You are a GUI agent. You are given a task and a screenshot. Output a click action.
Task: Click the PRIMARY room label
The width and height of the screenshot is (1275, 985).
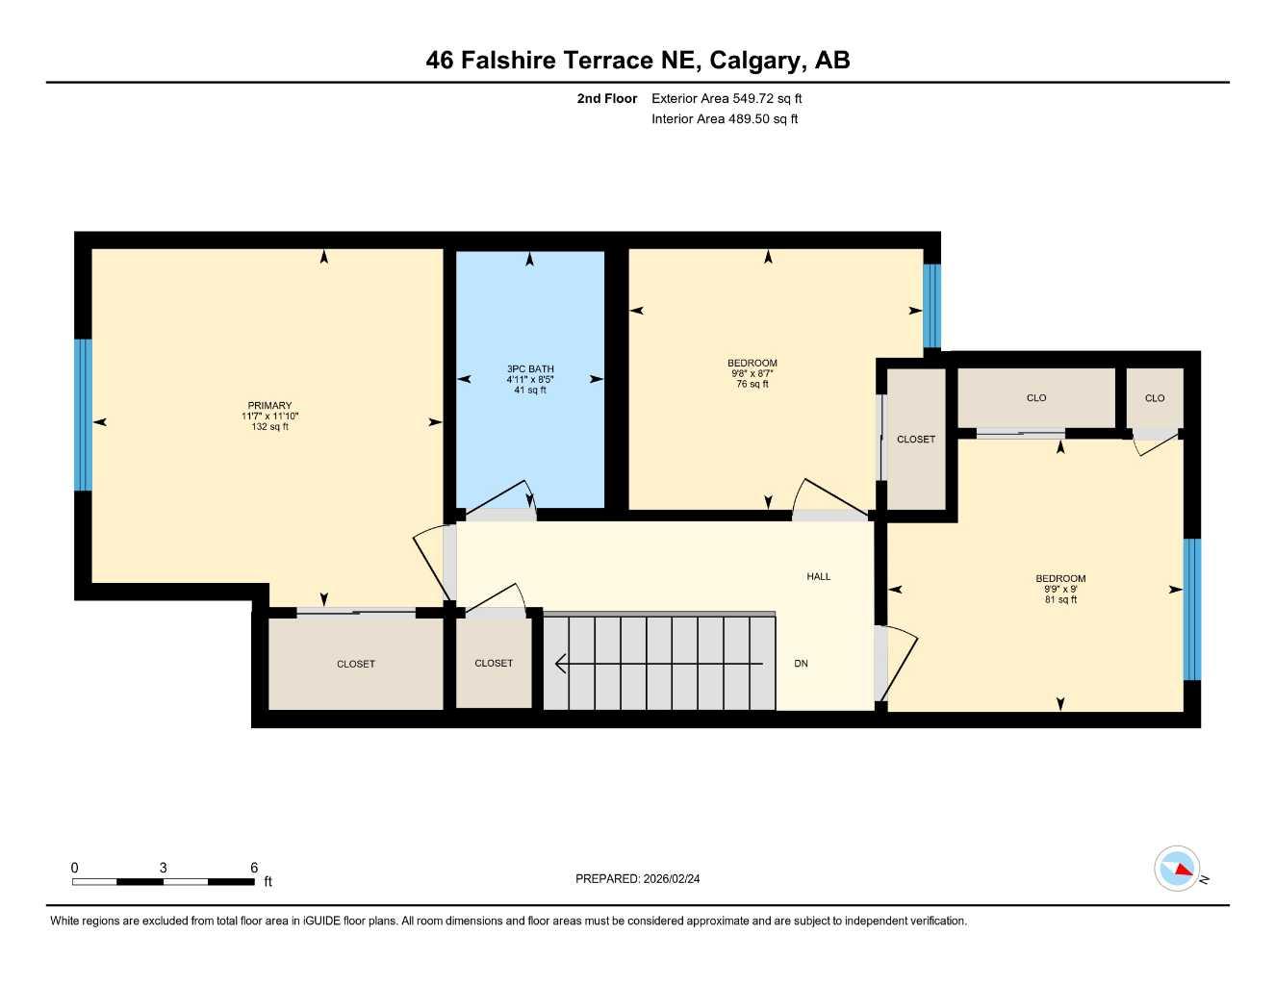pyautogui.click(x=269, y=405)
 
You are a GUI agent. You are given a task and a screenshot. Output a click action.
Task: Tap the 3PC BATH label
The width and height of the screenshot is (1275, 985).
pyautogui.click(x=530, y=368)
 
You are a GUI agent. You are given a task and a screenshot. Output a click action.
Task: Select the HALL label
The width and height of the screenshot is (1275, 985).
pyautogui.click(x=818, y=576)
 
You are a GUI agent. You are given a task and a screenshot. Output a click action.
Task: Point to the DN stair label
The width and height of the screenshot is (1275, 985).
pyautogui.click(x=801, y=663)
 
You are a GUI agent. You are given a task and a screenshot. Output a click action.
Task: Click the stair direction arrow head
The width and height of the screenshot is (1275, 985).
pyautogui.click(x=560, y=664)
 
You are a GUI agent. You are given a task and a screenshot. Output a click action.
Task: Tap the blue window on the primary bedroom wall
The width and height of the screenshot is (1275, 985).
pyautogui.click(x=84, y=415)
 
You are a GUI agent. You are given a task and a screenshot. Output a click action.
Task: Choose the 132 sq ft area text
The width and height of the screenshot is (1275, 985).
pyautogui.click(x=269, y=426)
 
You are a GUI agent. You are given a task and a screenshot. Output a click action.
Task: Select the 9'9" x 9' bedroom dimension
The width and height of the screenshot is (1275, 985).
pyautogui.click(x=1059, y=589)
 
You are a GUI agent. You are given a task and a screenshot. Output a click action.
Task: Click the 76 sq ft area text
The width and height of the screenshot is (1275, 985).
pyautogui.click(x=752, y=384)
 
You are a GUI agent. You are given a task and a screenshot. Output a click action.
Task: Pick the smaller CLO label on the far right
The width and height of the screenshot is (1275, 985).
pyautogui.click(x=1154, y=398)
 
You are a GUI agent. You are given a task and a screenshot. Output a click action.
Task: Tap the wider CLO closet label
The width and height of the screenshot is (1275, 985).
pyautogui.click(x=1036, y=397)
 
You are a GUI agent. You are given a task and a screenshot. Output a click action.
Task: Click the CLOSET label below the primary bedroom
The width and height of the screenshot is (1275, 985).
pyautogui.click(x=356, y=664)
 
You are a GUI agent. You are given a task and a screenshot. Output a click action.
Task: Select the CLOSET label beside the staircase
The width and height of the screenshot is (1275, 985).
pyautogui.click(x=494, y=663)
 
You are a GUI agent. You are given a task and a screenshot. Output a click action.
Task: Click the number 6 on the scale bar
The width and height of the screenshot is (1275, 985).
pyautogui.click(x=254, y=867)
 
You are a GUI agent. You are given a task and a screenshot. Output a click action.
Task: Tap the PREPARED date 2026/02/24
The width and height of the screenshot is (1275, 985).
pyautogui.click(x=672, y=878)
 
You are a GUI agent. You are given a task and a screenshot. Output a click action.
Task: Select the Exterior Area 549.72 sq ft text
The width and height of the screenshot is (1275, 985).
pyautogui.click(x=727, y=98)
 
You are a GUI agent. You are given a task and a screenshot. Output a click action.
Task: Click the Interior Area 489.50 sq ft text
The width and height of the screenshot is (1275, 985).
pyautogui.click(x=725, y=119)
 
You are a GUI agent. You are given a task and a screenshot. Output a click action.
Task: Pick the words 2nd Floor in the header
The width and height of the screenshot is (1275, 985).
pyautogui.click(x=606, y=98)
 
